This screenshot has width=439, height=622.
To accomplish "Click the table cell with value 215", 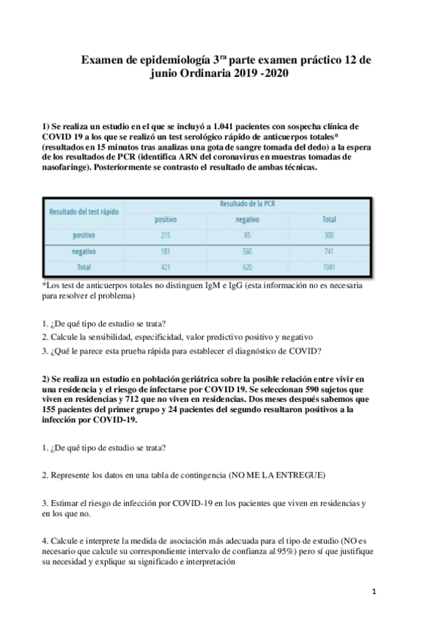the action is pyautogui.click(x=165, y=235).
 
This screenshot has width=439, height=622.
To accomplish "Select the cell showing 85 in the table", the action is pyautogui.click(x=247, y=235).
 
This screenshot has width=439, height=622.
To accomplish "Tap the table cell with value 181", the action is pyautogui.click(x=165, y=252).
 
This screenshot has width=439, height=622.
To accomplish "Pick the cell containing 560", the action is pyautogui.click(x=247, y=252).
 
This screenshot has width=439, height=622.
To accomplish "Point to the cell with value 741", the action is pyautogui.click(x=329, y=252).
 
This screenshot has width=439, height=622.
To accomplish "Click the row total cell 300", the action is pyautogui.click(x=329, y=235).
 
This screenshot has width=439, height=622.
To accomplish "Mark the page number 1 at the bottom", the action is pyautogui.click(x=374, y=590).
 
